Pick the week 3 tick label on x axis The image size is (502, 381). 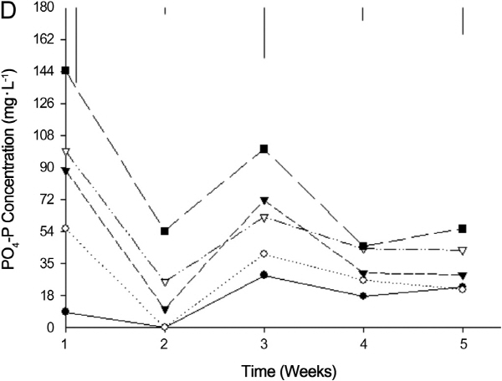click(x=264, y=343)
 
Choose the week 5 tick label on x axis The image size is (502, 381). click(x=463, y=343)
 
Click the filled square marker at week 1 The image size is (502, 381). click(x=65, y=70)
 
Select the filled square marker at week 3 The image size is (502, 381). click(x=264, y=149)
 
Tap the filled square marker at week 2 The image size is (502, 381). click(x=165, y=231)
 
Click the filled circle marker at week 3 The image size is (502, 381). click(x=264, y=275)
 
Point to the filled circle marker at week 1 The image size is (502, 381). click(x=65, y=312)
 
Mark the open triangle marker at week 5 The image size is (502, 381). click(x=463, y=251)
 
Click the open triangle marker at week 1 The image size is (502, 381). click(x=65, y=152)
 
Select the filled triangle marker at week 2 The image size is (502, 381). click(x=165, y=309)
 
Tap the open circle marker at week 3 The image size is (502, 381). click(x=264, y=253)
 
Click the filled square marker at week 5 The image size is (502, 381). click(x=463, y=229)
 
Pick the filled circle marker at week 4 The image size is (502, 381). click(x=363, y=296)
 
